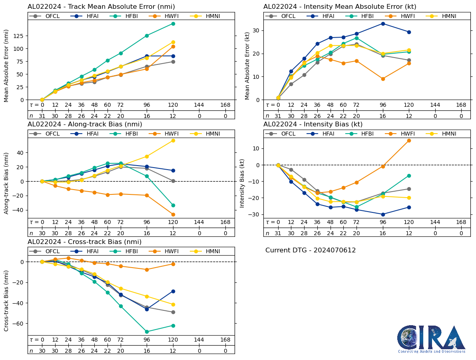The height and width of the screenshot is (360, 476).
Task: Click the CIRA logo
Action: pyautogui.click(x=431, y=339)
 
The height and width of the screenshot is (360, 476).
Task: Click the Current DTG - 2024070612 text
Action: pyautogui.click(x=311, y=250)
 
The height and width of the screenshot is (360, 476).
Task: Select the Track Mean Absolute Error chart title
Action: pyautogui.click(x=101, y=7)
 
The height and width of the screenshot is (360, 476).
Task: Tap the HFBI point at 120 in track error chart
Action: pyautogui.click(x=173, y=24)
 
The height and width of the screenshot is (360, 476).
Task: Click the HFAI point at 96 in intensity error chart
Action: pyautogui.click(x=383, y=24)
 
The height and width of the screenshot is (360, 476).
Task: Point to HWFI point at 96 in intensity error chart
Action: pyautogui.click(x=383, y=79)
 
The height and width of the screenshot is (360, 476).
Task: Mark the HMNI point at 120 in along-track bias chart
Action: pyautogui.click(x=173, y=140)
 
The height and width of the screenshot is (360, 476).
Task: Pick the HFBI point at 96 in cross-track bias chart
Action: pyautogui.click(x=147, y=332)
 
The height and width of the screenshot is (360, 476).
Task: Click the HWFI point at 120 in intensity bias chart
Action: pyautogui.click(x=409, y=140)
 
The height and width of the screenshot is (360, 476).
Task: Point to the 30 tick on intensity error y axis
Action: pyautogui.click(x=259, y=30)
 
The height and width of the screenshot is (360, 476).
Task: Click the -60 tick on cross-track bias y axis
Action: pyautogui.click(x=18, y=323)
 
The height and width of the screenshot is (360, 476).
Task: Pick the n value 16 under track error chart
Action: pyautogui.click(x=147, y=116)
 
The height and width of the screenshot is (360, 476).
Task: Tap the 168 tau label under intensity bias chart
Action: pyautogui.click(x=461, y=222)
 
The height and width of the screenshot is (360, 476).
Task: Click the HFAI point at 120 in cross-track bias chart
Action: pyautogui.click(x=173, y=291)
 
